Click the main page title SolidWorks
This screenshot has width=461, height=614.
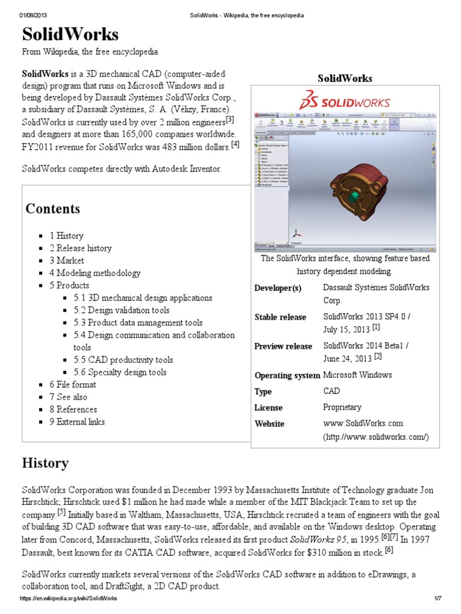[70, 34]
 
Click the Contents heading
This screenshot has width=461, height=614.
[52, 209]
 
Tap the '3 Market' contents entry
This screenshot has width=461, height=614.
[67, 260]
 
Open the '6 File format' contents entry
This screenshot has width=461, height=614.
[73, 384]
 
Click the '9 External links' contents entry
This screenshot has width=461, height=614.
[77, 422]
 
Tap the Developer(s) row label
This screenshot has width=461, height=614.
[278, 288]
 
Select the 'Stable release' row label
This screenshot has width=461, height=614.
[280, 317]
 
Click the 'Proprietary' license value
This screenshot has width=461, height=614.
[342, 407]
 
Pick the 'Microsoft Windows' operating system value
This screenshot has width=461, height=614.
[357, 375]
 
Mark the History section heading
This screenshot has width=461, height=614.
[45, 463]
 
